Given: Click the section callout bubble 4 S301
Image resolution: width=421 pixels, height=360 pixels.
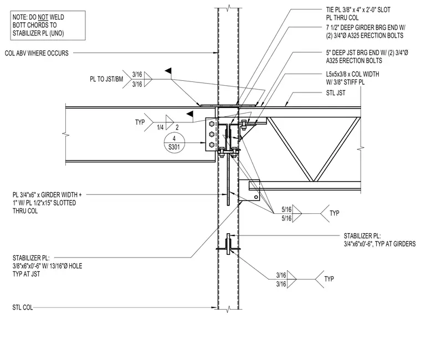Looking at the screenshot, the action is [x=174, y=143].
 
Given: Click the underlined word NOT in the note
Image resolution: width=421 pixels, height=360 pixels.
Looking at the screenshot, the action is [x=43, y=17].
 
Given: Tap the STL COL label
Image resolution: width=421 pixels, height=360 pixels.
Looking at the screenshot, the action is [x=23, y=307].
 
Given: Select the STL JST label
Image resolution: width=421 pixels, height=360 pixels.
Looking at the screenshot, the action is [x=336, y=93].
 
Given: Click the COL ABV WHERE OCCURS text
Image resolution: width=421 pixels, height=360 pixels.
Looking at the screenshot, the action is [x=37, y=53].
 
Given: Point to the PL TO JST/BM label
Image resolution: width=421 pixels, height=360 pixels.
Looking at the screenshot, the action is [x=106, y=79].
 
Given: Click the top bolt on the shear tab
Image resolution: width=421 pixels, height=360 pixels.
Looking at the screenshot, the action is [x=212, y=124].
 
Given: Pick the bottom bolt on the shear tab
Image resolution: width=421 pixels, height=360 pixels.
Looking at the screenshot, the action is [x=212, y=145].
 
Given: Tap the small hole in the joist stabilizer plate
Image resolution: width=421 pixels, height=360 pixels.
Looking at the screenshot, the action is [x=256, y=197].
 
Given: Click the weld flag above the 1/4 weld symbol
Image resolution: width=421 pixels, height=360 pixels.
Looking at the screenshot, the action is [x=190, y=114].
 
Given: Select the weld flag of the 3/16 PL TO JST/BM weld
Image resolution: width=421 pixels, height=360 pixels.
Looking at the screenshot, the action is [x=168, y=71].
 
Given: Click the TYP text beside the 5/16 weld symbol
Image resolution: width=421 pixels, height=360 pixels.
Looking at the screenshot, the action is [x=334, y=213].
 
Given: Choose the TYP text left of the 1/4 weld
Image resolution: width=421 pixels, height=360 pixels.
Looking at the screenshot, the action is [x=140, y=122].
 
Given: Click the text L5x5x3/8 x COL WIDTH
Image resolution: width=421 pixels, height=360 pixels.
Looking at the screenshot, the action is [x=352, y=74].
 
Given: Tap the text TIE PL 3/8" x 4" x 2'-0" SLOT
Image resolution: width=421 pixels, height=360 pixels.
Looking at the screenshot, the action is [x=358, y=10].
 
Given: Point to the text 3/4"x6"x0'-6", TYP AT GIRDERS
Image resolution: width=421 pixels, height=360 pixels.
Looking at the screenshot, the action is [x=379, y=244].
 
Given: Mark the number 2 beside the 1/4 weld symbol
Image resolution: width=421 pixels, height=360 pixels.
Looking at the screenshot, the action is [x=177, y=127].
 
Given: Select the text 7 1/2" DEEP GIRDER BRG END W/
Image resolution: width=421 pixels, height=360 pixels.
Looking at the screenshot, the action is [x=366, y=27].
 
